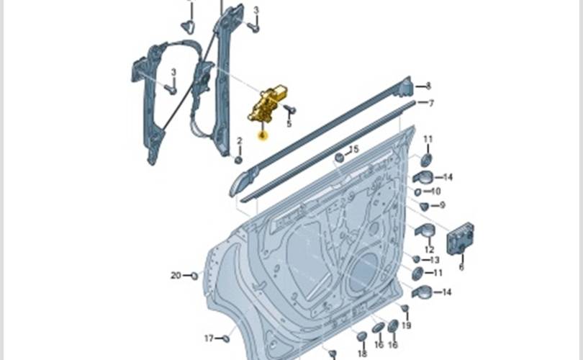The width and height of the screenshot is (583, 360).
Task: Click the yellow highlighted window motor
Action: [267, 105]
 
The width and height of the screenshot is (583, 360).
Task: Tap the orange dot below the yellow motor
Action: [263, 135]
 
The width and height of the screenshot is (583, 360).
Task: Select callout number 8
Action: [428, 86]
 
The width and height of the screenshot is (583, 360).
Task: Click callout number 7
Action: [431, 103]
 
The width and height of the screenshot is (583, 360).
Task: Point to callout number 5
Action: [289, 124]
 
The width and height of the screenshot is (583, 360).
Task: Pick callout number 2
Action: [239, 140]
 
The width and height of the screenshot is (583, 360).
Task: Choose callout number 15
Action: [353, 149]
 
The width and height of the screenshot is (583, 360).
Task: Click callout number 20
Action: [176, 275]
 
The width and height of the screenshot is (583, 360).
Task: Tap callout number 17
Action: [209, 338]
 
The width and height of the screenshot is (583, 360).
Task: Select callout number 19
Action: [407, 326]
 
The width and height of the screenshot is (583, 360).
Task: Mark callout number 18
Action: [362, 354]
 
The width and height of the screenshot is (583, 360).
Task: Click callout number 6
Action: [461, 267]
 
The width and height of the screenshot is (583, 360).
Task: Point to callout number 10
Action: [435, 192]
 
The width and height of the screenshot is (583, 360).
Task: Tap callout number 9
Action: [441, 205]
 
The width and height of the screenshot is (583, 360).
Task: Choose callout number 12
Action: [429, 250]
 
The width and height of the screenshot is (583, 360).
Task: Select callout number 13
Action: [434, 260]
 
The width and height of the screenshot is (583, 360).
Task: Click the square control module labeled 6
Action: [460, 238]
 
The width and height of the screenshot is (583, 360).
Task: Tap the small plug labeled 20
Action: [194, 275]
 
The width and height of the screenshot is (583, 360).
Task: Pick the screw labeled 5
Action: [289, 110]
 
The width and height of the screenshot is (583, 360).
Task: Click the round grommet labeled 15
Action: [340, 157]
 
